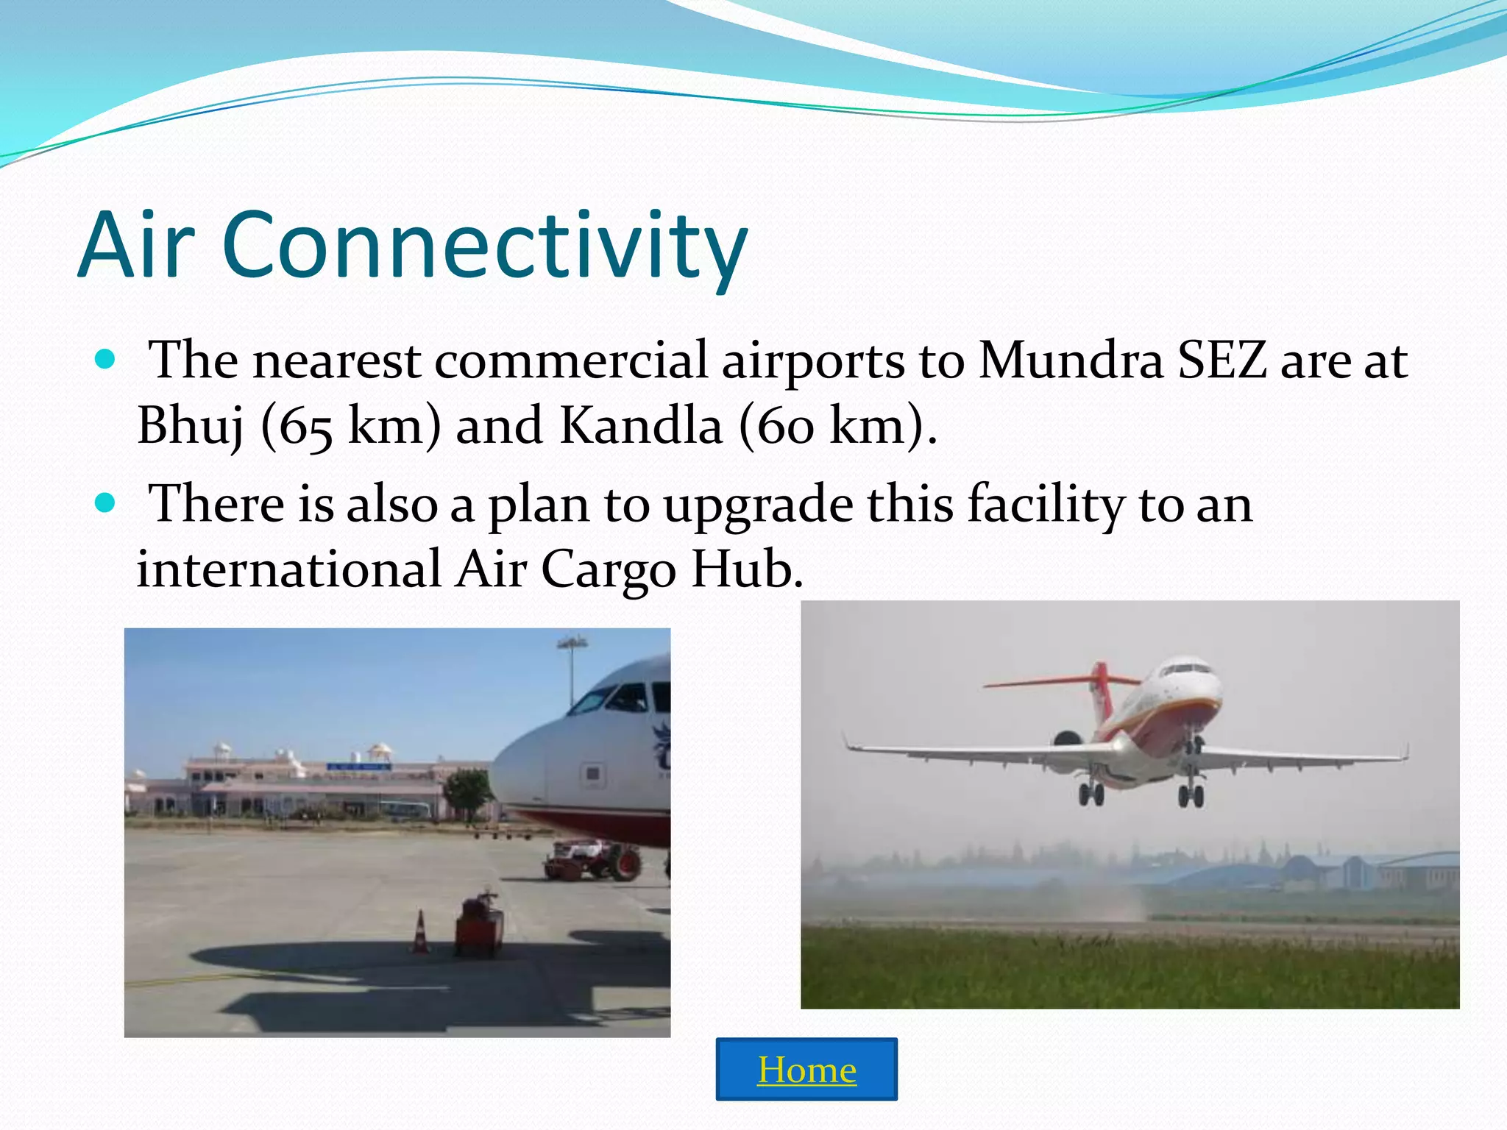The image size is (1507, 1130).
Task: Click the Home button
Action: tap(806, 1069)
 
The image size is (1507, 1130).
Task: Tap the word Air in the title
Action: tap(136, 246)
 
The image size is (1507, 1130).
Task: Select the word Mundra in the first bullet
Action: tap(1071, 361)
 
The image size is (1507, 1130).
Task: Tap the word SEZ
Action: tap(1222, 361)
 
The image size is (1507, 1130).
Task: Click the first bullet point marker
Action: tap(106, 360)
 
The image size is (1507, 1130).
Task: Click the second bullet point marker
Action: tap(106, 503)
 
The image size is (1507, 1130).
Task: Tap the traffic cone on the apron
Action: tap(420, 932)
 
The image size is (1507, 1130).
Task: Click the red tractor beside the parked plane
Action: tap(592, 859)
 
